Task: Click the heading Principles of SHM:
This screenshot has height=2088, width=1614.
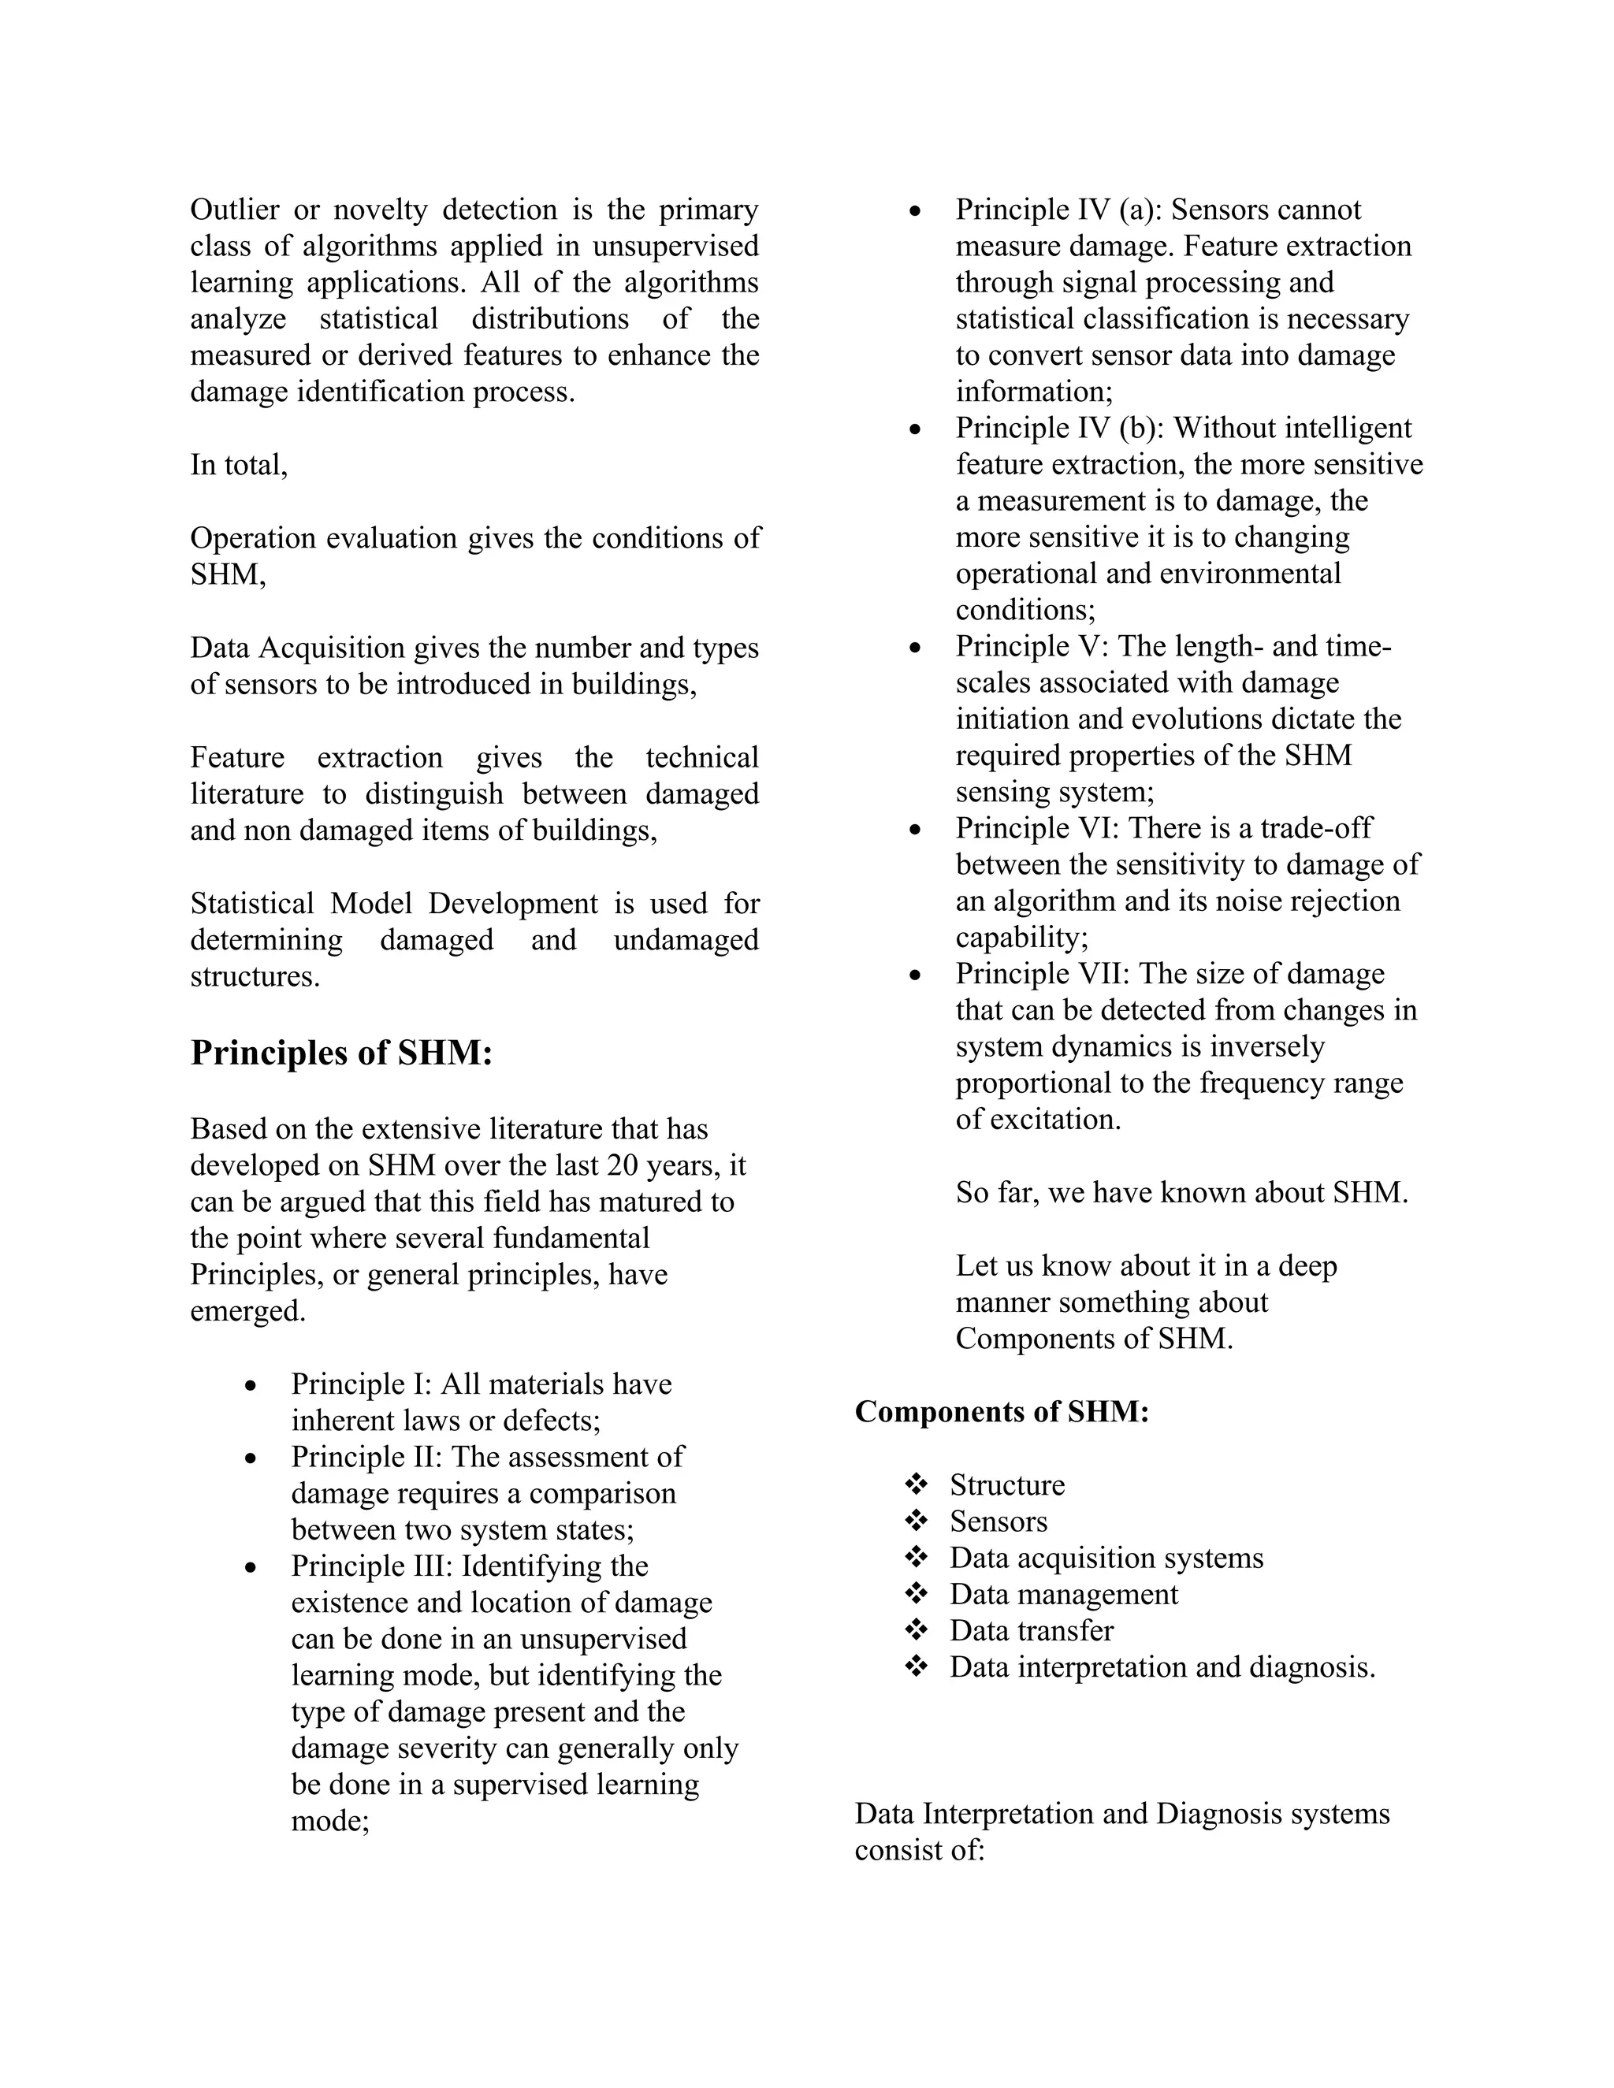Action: tap(341, 1053)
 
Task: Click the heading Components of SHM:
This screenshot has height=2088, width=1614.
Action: tap(1001, 1411)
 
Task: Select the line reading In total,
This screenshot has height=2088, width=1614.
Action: tap(239, 465)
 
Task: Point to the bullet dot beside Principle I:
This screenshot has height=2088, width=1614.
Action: tap(251, 1385)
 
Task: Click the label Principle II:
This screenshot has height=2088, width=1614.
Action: tap(366, 1456)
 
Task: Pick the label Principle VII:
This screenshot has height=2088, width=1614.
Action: tap(1042, 973)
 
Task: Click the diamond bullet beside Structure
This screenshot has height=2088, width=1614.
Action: tap(916, 1484)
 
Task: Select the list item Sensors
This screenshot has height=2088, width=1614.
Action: tap(999, 1521)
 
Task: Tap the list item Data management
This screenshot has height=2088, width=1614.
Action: tap(1063, 1594)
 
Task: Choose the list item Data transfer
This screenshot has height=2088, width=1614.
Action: tap(1031, 1630)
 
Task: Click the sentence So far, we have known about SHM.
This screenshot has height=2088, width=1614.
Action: tap(1181, 1192)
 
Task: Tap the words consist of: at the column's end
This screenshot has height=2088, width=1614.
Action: tap(919, 1850)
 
